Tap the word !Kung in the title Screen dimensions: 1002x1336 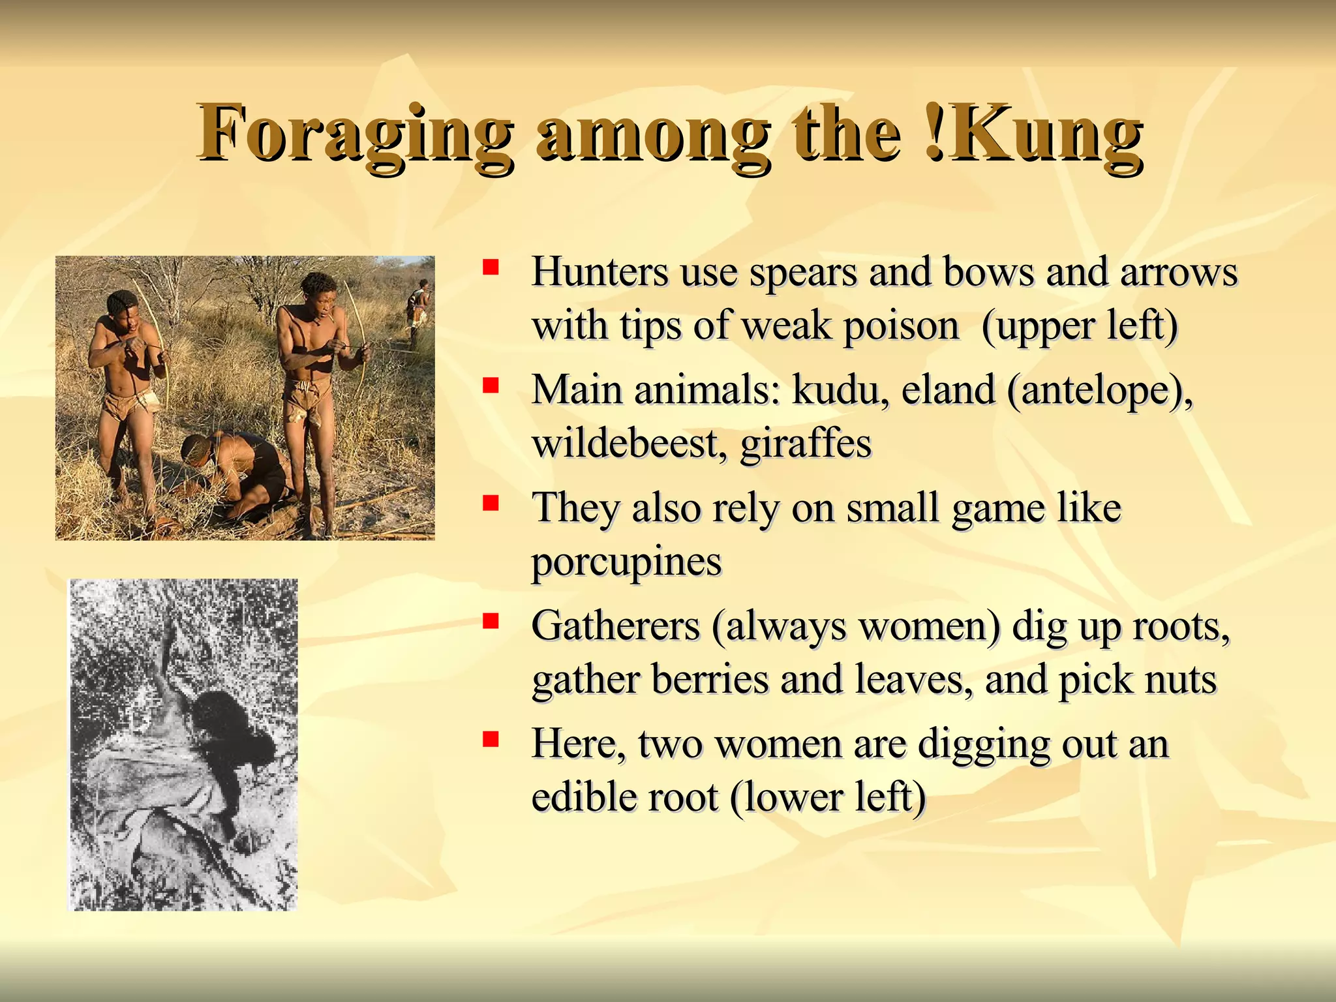[1034, 134]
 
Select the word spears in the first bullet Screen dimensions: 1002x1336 [803, 272]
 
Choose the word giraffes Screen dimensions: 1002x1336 [806, 445]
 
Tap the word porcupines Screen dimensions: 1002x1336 [626, 562]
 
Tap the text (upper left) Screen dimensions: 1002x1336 [1080, 326]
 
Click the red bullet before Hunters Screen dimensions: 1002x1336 [491, 267]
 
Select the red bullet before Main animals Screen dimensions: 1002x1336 [491, 386]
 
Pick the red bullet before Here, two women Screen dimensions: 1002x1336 [491, 739]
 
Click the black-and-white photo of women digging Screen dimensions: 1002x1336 [183, 744]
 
